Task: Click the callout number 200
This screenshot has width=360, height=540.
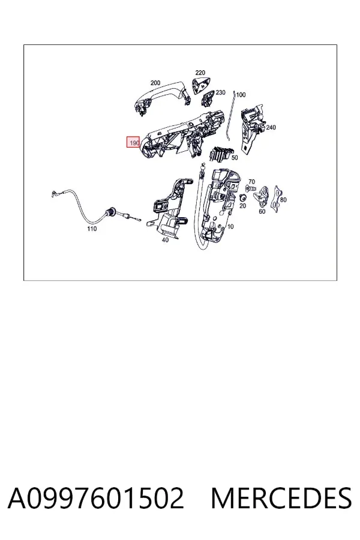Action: [155, 83]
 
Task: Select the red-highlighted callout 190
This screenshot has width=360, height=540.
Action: [133, 142]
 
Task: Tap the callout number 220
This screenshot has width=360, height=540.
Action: [200, 73]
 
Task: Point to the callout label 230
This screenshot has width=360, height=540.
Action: [220, 92]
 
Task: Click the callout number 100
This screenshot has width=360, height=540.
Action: [241, 95]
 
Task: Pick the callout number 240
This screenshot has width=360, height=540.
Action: [271, 127]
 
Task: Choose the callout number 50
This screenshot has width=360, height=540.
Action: [235, 158]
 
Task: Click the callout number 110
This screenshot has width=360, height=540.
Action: [92, 229]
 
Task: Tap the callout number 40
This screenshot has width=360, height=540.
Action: [166, 239]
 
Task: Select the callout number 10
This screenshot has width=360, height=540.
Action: [230, 226]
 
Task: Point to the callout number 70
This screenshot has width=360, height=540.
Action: [252, 182]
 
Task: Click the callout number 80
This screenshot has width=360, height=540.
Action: [283, 200]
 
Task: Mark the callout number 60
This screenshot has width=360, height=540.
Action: [262, 211]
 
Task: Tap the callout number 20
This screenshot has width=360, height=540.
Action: [243, 206]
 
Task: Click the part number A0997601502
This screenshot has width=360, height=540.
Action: [96, 499]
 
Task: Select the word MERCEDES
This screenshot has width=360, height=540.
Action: [281, 499]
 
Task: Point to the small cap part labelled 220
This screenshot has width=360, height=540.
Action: [202, 85]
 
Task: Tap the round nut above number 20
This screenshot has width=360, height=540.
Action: [242, 197]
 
